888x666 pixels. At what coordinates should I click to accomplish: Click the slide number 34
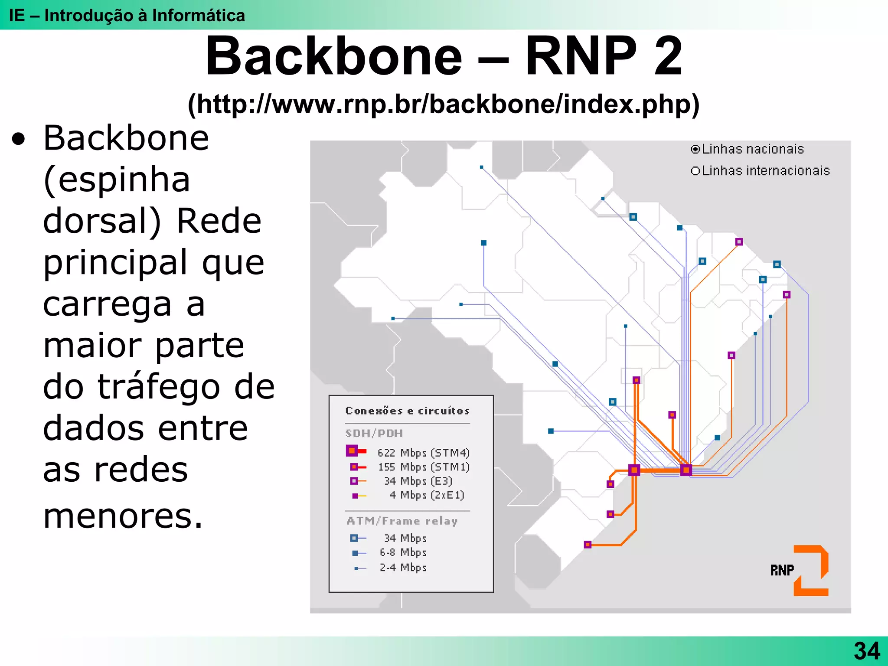tap(867, 651)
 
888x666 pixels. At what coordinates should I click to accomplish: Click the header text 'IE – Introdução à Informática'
tap(127, 16)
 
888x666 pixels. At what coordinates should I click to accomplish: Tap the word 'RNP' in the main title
tap(581, 56)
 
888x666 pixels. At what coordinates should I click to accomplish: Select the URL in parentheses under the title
tap(444, 104)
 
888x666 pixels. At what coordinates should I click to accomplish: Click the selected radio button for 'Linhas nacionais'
tap(695, 150)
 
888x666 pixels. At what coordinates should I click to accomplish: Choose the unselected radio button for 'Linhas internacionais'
tap(695, 171)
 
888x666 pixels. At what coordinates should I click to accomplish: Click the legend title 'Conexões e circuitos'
tap(407, 411)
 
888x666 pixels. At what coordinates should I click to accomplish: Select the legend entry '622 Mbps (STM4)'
tap(423, 453)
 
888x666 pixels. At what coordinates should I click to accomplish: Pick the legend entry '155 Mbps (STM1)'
tap(423, 467)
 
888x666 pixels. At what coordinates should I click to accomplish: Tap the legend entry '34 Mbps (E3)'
tap(418, 481)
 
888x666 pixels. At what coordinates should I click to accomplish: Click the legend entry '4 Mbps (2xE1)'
tap(426, 495)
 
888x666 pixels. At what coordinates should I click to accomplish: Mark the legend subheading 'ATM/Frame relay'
tap(402, 521)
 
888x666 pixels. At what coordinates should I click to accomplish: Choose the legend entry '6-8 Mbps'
tap(403, 552)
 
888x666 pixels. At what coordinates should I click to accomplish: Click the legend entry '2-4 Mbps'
tap(403, 567)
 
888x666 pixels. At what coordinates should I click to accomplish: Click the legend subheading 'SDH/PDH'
tap(374, 433)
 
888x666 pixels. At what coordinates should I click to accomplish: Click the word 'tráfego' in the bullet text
tap(158, 387)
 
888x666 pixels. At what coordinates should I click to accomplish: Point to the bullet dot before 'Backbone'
tap(19, 140)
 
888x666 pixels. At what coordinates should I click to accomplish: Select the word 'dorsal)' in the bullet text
tap(102, 221)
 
